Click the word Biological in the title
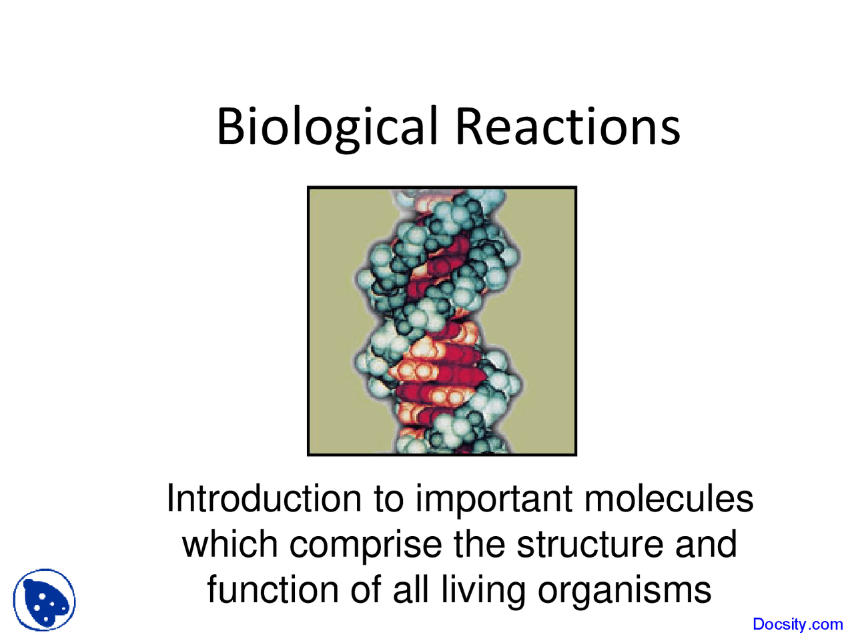[x=327, y=127]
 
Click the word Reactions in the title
[x=568, y=127]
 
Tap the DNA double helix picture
[x=442, y=321]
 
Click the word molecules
[x=668, y=499]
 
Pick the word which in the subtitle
[x=230, y=544]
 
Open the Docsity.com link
[x=797, y=624]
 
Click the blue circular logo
[x=45, y=600]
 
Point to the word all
[x=410, y=590]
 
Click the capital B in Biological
[x=230, y=127]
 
